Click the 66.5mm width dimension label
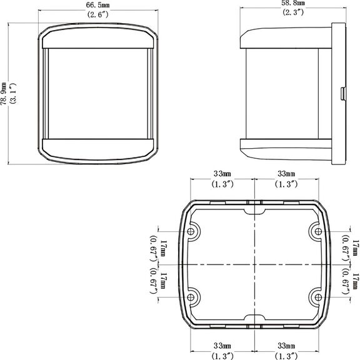point(97,5)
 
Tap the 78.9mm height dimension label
point(4,94)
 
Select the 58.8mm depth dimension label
point(293,3)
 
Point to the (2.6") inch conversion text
point(97,14)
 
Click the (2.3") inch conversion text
point(293,12)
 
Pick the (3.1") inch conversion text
point(13,94)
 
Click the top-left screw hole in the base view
point(191,231)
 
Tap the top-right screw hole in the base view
point(318,231)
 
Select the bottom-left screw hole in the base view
point(191,297)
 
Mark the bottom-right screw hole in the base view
point(318,297)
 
